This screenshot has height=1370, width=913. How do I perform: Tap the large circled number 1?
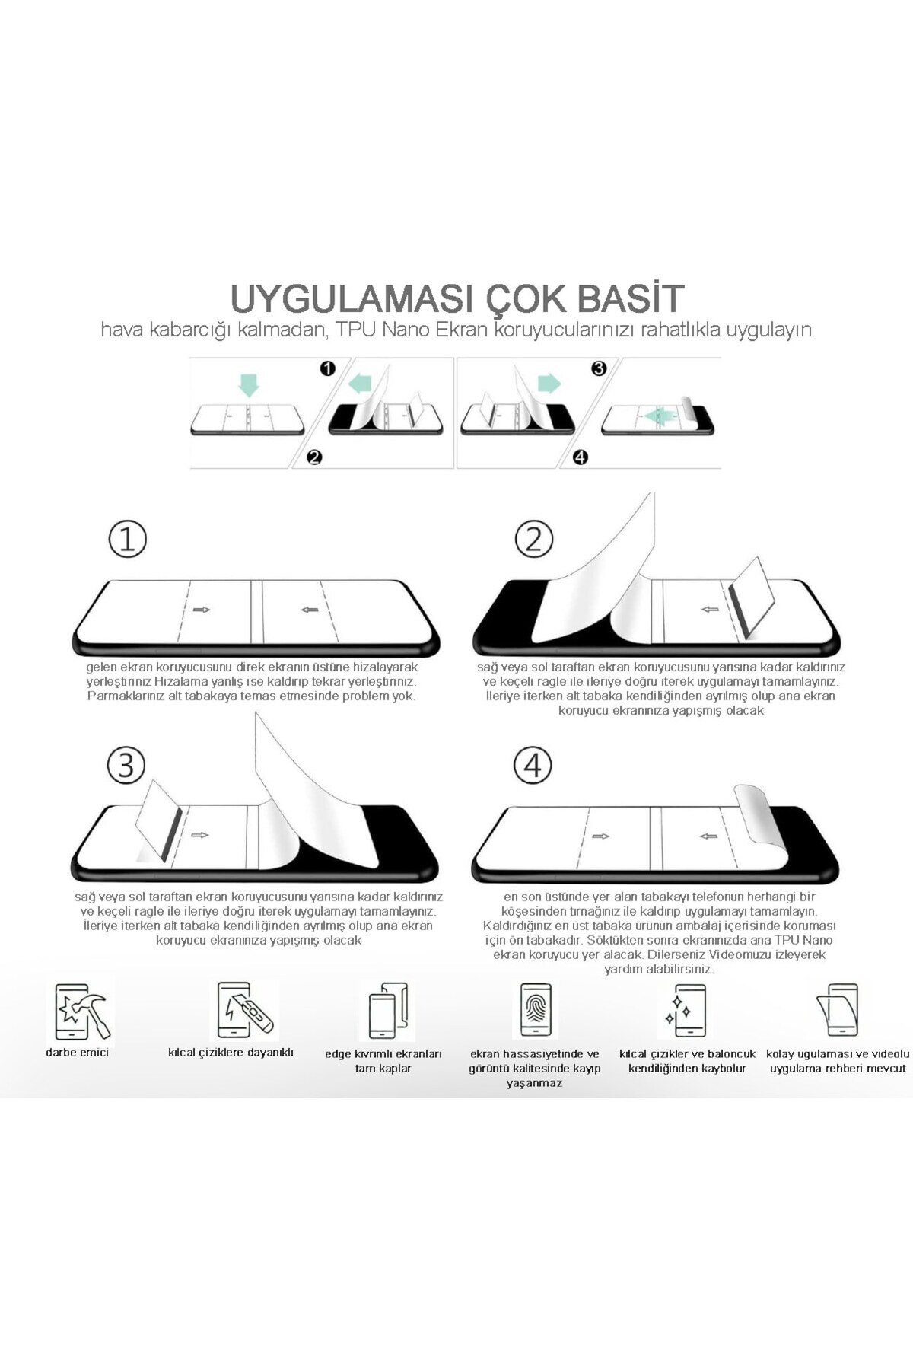pyautogui.click(x=127, y=539)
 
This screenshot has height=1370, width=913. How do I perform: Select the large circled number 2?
pyautogui.click(x=533, y=539)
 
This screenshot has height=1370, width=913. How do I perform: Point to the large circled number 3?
pyautogui.click(x=126, y=765)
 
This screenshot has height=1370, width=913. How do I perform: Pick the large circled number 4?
pyautogui.click(x=533, y=765)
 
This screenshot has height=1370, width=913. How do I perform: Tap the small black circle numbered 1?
pyautogui.click(x=328, y=369)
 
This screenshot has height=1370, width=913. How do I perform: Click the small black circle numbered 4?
pyautogui.click(x=581, y=457)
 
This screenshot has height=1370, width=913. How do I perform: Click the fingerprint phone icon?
pyautogui.click(x=536, y=1010)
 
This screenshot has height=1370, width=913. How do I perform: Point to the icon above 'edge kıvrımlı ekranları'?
pyautogui.click(x=389, y=1010)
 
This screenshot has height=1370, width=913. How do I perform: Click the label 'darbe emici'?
pyautogui.click(x=77, y=1053)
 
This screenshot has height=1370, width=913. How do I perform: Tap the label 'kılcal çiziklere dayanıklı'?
pyautogui.click(x=231, y=1053)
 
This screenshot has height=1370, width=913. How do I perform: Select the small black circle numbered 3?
pyautogui.click(x=599, y=369)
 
